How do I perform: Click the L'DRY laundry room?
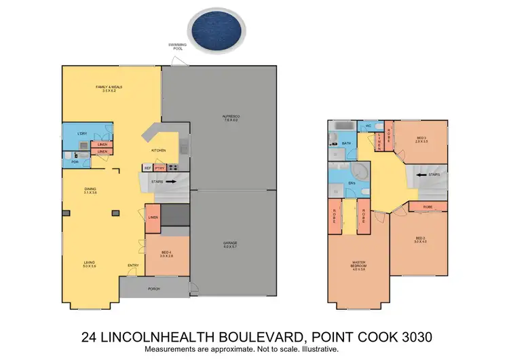tap(82, 133)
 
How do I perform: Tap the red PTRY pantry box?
tap(159, 168)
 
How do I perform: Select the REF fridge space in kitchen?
tap(147, 168)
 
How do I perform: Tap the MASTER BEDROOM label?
tap(358, 266)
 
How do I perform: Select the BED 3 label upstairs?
tap(421, 140)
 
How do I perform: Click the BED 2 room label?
tap(419, 238)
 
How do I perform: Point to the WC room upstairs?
tap(367, 126)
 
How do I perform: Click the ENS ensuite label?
tap(351, 183)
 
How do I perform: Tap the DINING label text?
tap(89, 190)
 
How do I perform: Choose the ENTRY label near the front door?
tap(133, 266)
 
